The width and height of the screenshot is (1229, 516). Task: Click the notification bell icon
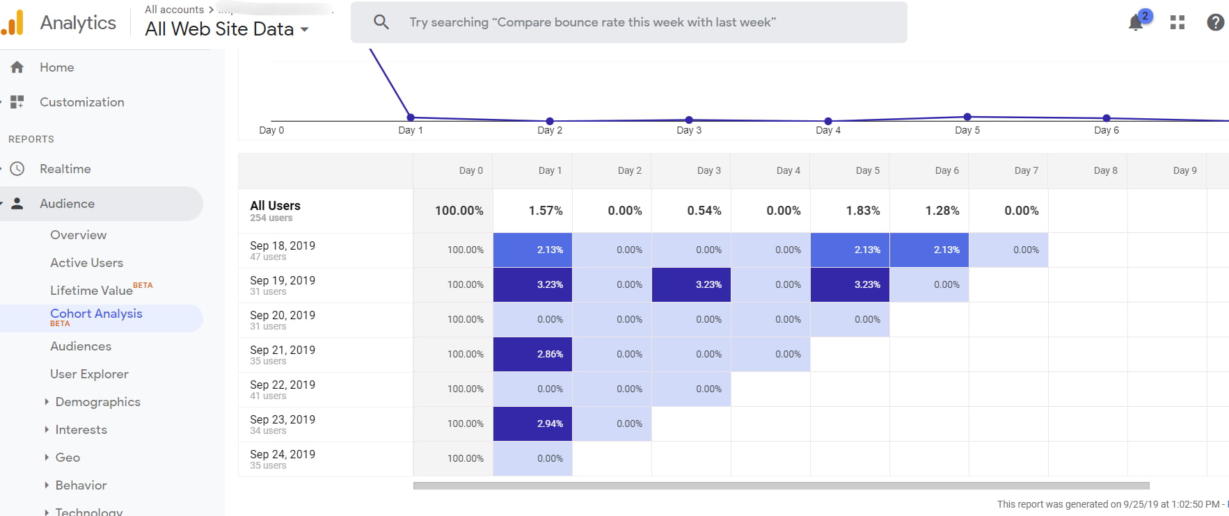(1136, 23)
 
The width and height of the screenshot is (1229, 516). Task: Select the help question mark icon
(1215, 22)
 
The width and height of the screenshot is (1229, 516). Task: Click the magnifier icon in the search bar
(381, 22)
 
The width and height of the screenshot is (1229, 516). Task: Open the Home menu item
(56, 67)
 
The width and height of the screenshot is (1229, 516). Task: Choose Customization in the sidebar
(81, 102)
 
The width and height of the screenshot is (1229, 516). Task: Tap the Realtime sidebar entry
(65, 169)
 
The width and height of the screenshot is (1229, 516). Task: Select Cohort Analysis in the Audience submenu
(96, 314)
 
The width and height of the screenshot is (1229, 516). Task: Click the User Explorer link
(89, 374)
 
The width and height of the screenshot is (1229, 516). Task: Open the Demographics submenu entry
(97, 402)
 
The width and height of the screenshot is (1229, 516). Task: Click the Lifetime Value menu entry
(91, 291)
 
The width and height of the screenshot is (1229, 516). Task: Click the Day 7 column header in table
(1026, 170)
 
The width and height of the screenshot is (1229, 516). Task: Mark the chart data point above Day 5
(967, 117)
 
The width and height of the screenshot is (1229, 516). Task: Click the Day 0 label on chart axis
(271, 130)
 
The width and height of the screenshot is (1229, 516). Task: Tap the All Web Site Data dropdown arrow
(304, 30)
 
